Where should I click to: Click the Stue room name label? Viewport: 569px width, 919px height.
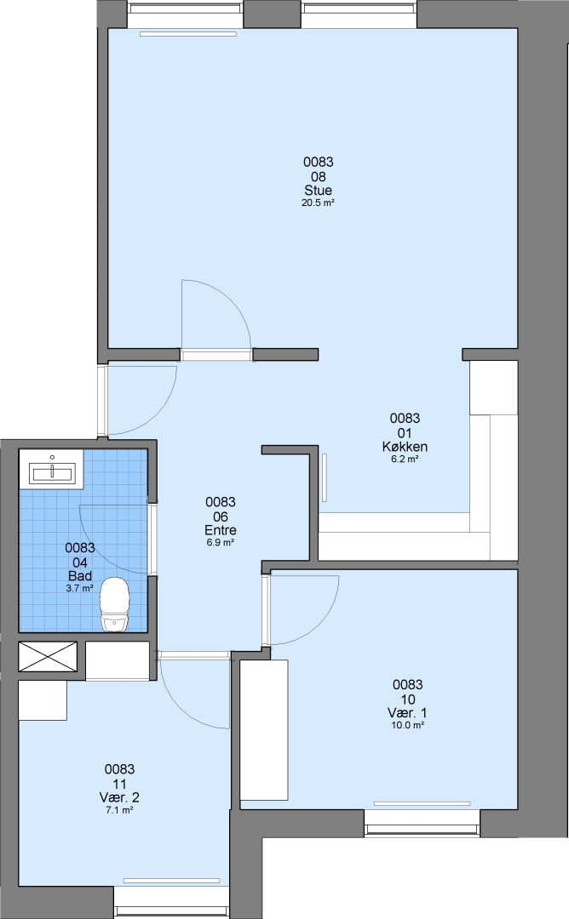(x=318, y=190)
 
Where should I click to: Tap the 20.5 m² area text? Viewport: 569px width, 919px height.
(x=318, y=203)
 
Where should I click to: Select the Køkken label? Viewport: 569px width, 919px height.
(x=405, y=447)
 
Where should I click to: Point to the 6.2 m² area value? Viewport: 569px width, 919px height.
(x=405, y=459)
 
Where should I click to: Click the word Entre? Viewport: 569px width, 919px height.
(x=221, y=530)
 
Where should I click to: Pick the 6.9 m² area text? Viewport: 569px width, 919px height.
(x=221, y=543)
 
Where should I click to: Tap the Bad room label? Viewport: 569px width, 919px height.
(x=80, y=575)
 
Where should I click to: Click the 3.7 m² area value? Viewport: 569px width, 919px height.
(x=80, y=589)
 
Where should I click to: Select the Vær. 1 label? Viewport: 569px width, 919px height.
(x=407, y=713)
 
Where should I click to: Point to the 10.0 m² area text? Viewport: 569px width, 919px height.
(x=407, y=726)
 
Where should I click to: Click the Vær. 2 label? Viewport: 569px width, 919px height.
(x=119, y=797)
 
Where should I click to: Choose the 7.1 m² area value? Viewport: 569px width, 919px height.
(x=119, y=810)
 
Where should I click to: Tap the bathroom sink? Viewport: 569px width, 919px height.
(x=52, y=469)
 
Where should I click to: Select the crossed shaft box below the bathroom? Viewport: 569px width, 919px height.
(x=48, y=657)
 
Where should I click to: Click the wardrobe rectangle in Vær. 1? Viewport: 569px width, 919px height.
(x=264, y=730)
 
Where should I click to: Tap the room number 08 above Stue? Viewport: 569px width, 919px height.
(x=318, y=176)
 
